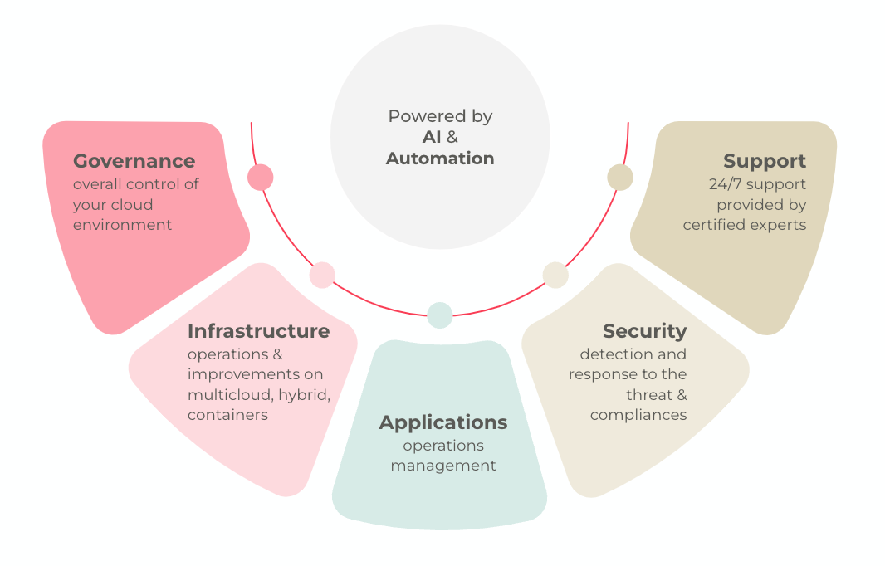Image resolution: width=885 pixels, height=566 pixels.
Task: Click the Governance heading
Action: (134, 161)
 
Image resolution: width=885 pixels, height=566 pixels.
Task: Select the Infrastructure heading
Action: (258, 331)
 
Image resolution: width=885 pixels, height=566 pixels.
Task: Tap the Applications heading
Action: (443, 422)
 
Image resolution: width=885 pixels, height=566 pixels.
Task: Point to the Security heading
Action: (644, 332)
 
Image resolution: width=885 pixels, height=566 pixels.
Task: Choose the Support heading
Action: (765, 161)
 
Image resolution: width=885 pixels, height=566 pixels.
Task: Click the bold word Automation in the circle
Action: (440, 159)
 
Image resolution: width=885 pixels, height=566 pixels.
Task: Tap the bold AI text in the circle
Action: (432, 137)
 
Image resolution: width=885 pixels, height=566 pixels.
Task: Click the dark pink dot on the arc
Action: (260, 178)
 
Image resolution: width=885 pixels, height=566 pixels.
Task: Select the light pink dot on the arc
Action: (322, 276)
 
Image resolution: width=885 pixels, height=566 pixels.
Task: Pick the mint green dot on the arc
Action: (440, 315)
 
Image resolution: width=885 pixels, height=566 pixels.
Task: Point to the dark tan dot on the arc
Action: (620, 178)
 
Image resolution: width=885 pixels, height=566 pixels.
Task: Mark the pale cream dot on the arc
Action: (555, 276)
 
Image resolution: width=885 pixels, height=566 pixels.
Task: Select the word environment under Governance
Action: (122, 225)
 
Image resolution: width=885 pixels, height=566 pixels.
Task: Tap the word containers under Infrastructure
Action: (227, 415)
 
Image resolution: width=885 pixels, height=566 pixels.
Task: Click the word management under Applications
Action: (443, 466)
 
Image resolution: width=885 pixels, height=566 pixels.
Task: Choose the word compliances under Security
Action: (638, 415)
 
